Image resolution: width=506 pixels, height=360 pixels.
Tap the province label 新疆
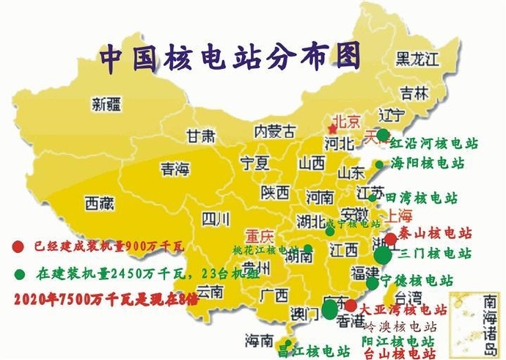(x=107, y=104)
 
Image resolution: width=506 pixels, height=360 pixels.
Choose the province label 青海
(x=174, y=169)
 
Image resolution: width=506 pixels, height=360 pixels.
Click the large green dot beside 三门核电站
(x=383, y=255)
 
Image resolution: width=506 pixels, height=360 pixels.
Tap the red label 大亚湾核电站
(x=403, y=310)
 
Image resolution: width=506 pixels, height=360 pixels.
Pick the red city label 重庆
(x=260, y=237)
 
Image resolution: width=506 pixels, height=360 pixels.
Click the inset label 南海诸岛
(x=478, y=312)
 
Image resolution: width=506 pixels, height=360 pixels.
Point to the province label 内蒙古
(x=274, y=132)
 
